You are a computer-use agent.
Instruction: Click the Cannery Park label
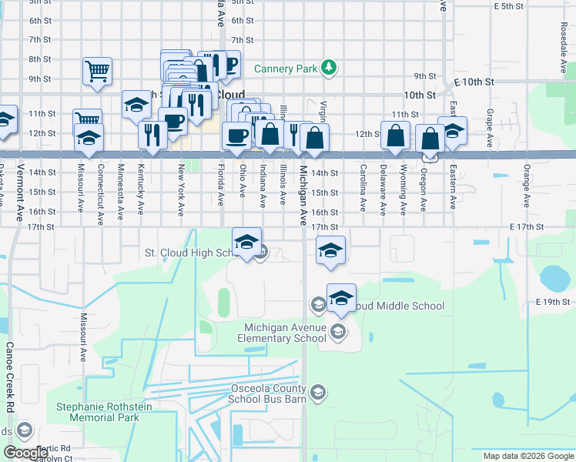point(286,69)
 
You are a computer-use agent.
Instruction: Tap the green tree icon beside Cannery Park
point(329,68)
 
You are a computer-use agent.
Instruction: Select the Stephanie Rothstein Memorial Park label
point(98,412)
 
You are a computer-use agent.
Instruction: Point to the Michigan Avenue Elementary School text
point(281,333)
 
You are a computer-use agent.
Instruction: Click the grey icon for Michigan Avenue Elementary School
point(337,332)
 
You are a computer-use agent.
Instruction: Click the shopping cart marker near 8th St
point(98,72)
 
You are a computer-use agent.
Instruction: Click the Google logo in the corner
point(26,452)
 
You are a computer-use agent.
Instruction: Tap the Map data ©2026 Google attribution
point(527,456)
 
